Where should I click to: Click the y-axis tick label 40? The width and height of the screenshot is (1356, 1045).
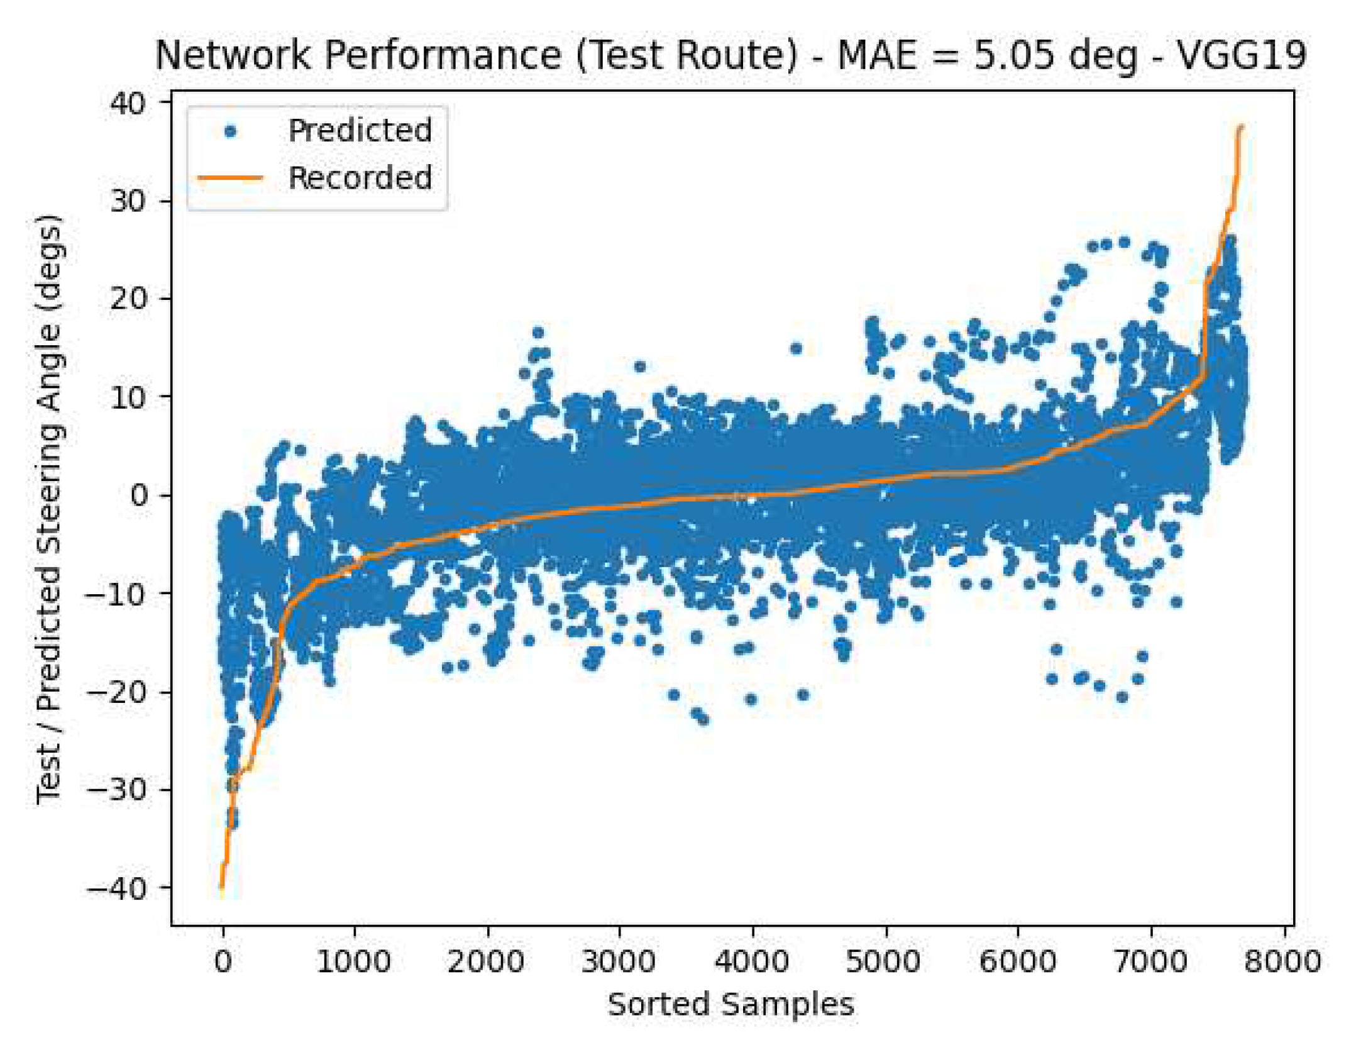tap(128, 102)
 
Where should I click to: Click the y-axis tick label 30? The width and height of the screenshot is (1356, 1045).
tap(128, 201)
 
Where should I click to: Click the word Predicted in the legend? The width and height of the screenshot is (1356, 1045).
tap(360, 131)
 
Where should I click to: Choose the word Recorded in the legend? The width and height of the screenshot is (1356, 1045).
tap(360, 178)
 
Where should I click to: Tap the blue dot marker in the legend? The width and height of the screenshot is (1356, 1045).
tap(230, 131)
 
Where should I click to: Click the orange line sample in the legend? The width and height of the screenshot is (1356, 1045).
tap(230, 178)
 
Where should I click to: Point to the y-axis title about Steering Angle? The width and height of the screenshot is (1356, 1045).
tap(49, 509)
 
